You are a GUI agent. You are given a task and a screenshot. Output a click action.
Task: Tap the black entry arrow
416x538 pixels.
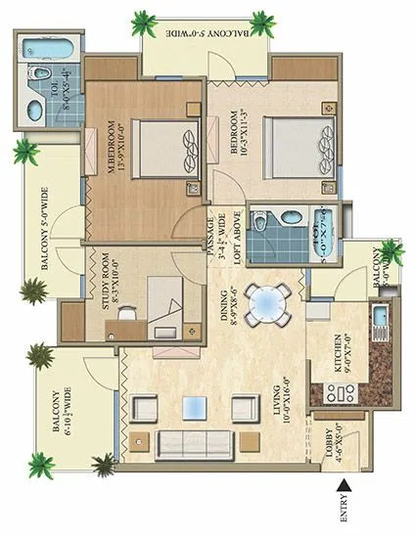point(343,483)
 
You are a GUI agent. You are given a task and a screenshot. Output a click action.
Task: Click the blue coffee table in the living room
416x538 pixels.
point(198,404)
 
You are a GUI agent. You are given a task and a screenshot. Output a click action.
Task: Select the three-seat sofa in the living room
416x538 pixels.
point(191,439)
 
